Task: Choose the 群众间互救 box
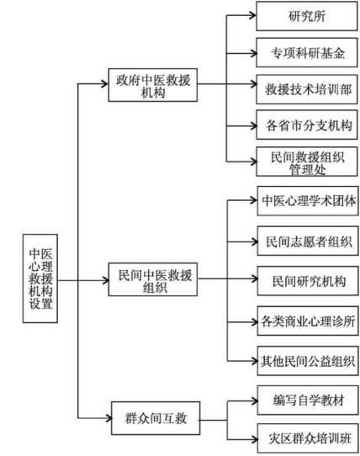pos(156,415)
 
